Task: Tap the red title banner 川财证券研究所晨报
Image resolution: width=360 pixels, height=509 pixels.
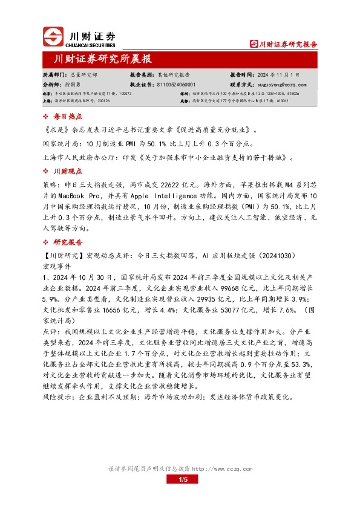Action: (x=103, y=59)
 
